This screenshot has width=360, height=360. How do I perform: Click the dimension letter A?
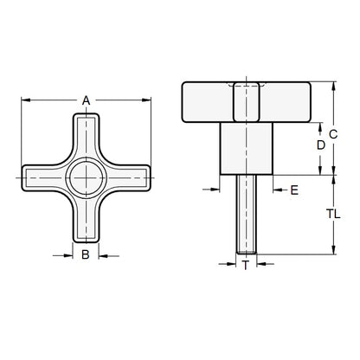tap(87, 101)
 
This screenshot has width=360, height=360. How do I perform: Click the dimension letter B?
tap(86, 254)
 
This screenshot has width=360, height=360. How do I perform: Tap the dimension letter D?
tap(320, 146)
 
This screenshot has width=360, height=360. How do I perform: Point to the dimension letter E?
tap(294, 189)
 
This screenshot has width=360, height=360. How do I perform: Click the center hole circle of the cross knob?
tap(87, 178)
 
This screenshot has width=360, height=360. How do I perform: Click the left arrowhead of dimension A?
tap(23, 100)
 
